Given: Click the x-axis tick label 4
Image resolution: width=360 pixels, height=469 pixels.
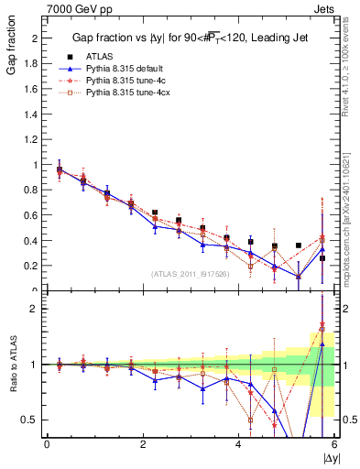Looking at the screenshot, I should click(239, 445).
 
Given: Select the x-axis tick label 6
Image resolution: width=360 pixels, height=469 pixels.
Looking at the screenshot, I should click(334, 445).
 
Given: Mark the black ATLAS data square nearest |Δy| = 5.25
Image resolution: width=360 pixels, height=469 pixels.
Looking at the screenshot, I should click(299, 245).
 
